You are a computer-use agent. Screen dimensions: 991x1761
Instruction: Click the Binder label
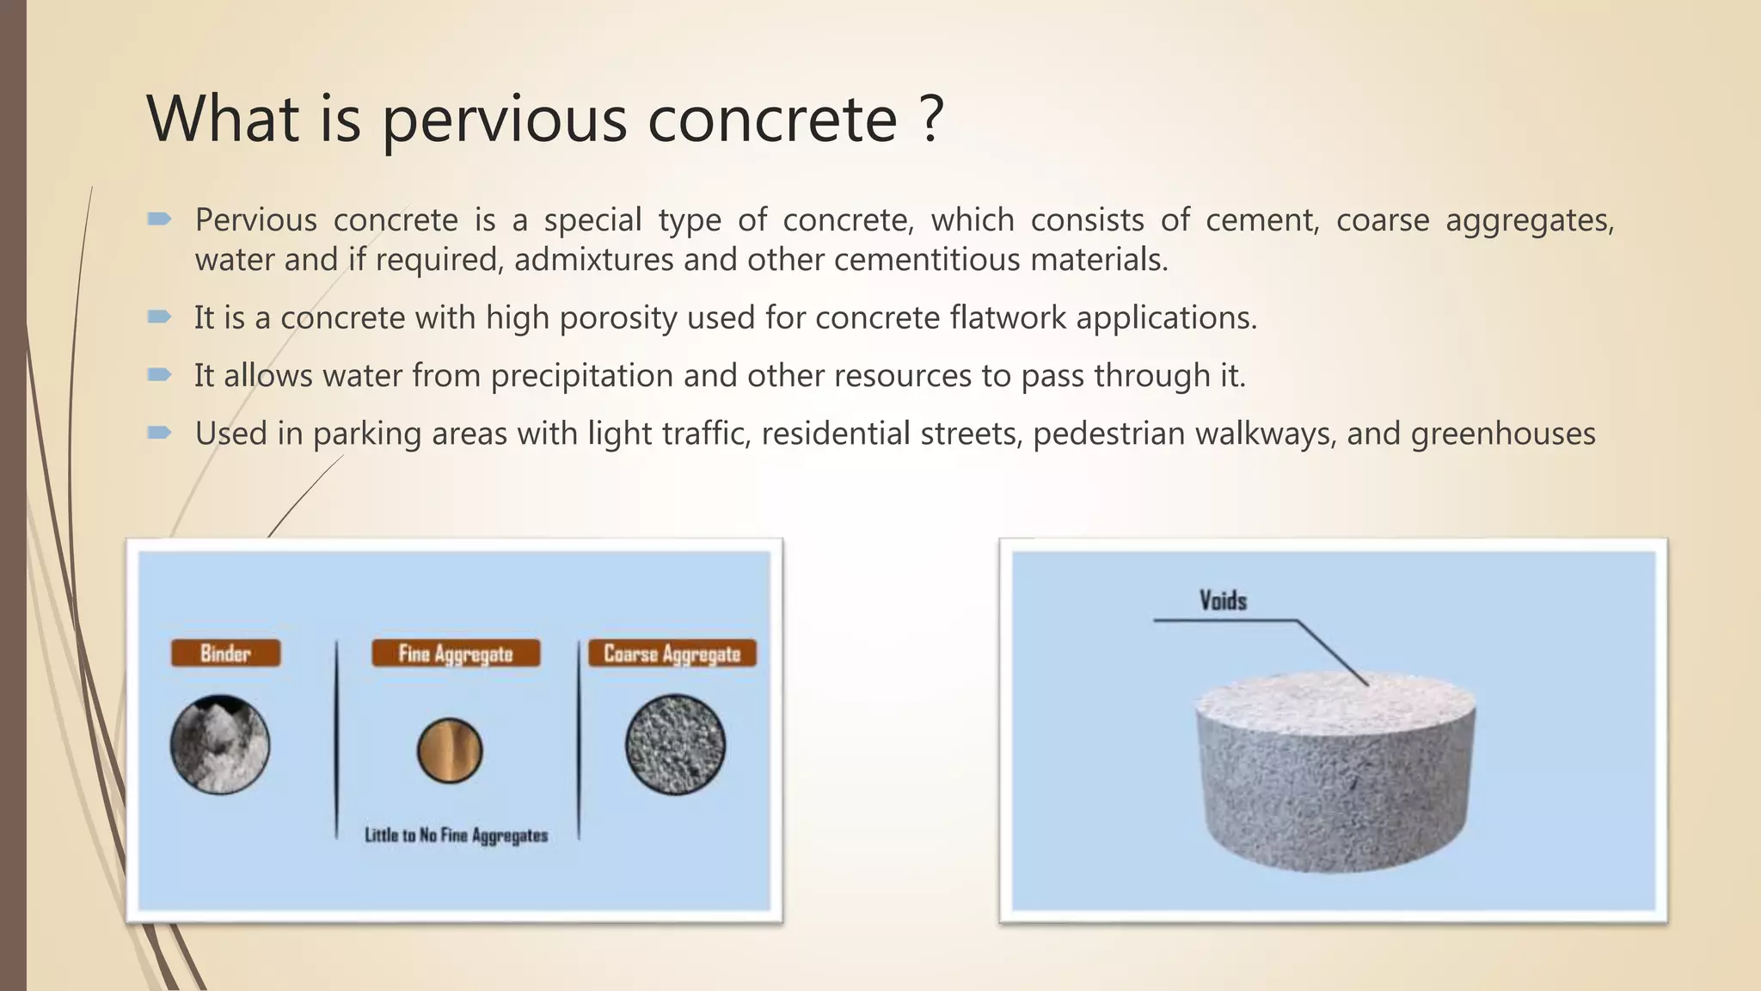(225, 653)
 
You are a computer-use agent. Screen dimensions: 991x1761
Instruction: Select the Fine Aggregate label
(456, 654)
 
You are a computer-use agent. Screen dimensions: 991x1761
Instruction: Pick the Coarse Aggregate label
(672, 654)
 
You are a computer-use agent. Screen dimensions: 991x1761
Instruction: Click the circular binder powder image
(220, 744)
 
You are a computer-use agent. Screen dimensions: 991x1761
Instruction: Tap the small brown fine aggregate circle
(450, 750)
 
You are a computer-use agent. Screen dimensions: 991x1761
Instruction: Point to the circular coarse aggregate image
(675, 744)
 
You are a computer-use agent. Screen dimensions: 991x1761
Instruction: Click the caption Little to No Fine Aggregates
(456, 835)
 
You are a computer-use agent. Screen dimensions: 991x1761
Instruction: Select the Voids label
(1223, 600)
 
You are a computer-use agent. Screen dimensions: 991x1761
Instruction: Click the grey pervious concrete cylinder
(1335, 774)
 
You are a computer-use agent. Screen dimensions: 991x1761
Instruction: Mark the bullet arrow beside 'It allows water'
(159, 374)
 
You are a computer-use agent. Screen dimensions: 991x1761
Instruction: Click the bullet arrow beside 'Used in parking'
(159, 432)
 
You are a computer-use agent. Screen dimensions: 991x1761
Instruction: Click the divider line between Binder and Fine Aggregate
(336, 740)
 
